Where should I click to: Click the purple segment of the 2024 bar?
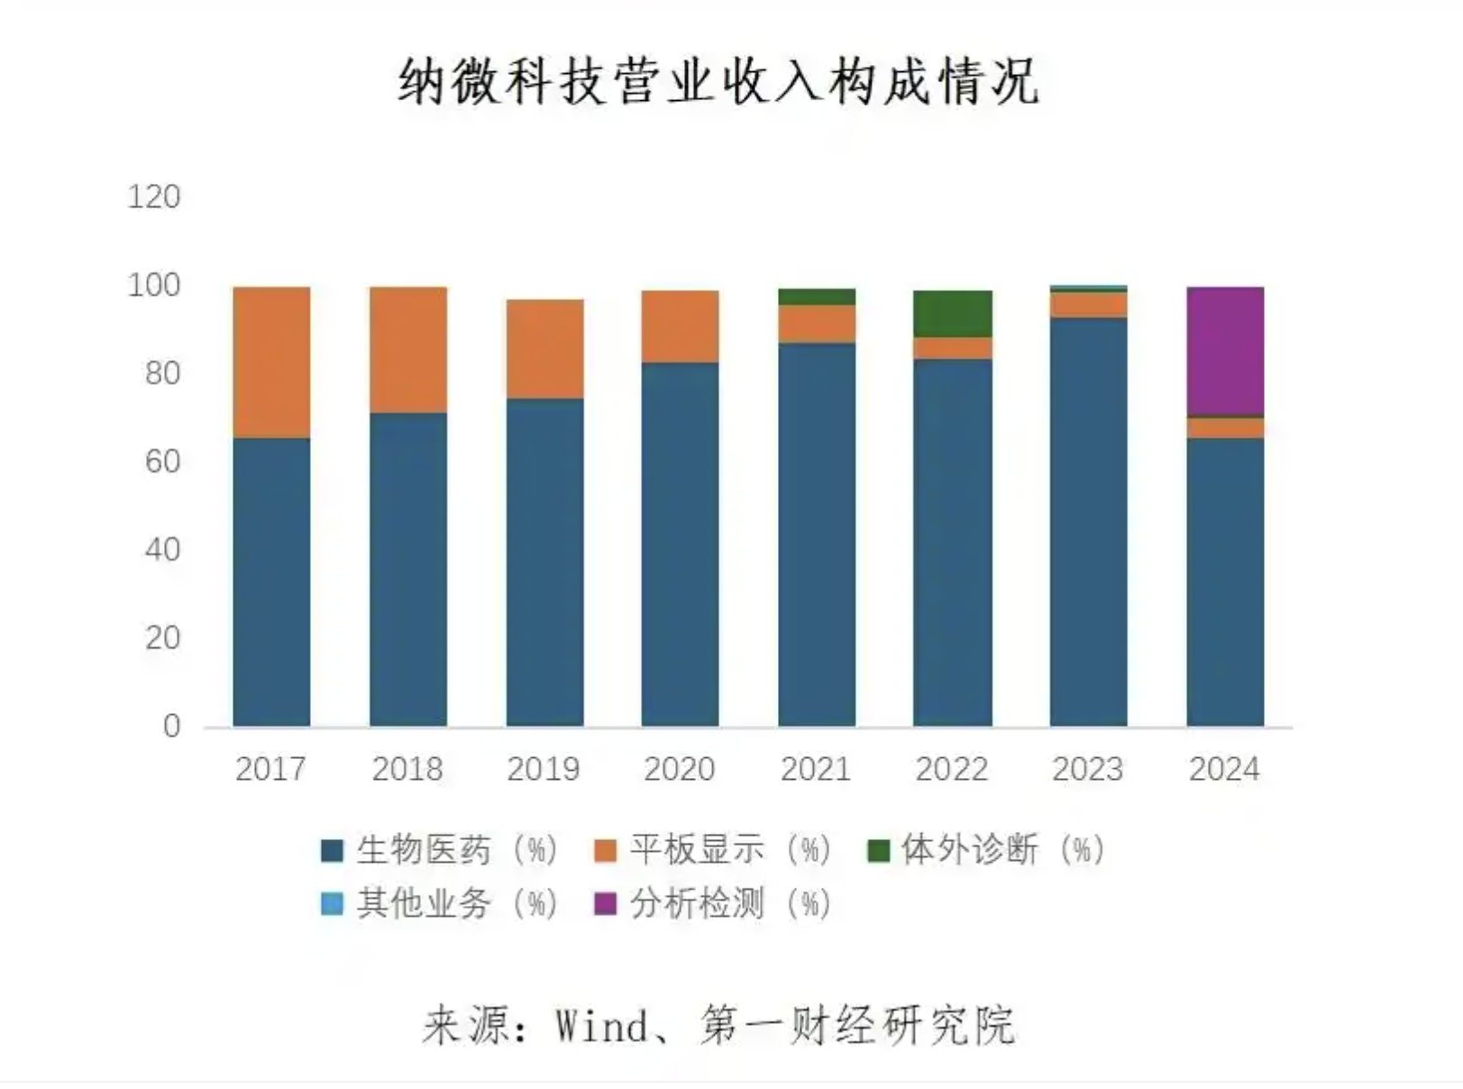[x=1224, y=352]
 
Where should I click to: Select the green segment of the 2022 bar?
[x=952, y=314]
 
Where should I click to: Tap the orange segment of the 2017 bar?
[x=271, y=362]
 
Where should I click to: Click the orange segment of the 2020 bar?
[x=680, y=326]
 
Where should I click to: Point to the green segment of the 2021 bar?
[x=817, y=297]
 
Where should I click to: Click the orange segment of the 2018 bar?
[x=407, y=350]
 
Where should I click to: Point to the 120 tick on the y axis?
[x=154, y=197]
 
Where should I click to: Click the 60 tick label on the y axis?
[x=162, y=462]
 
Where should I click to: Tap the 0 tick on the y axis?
[x=171, y=727]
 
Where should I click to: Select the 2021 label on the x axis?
[x=816, y=769]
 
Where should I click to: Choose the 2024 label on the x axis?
[x=1224, y=769]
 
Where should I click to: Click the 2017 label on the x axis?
[x=270, y=769]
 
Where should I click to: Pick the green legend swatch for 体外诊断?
[x=878, y=850]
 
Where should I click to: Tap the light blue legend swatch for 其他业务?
[x=333, y=903]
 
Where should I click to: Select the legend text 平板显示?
[x=697, y=850]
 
